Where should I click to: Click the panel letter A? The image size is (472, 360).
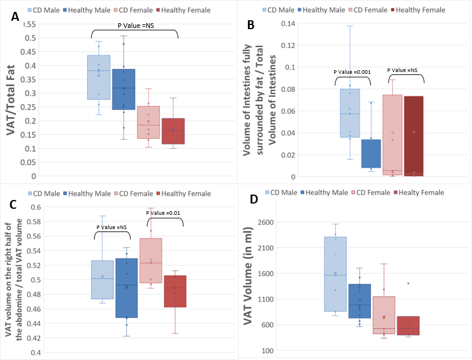pyautogui.click(x=15, y=18)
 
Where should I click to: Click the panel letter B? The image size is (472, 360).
pyautogui.click(x=251, y=25)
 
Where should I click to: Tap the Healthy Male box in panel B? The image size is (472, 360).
pyautogui.click(x=372, y=154)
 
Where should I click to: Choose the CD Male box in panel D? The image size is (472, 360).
pyautogui.click(x=336, y=274)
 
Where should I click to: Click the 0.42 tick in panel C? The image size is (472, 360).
pyautogui.click(x=35, y=338)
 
